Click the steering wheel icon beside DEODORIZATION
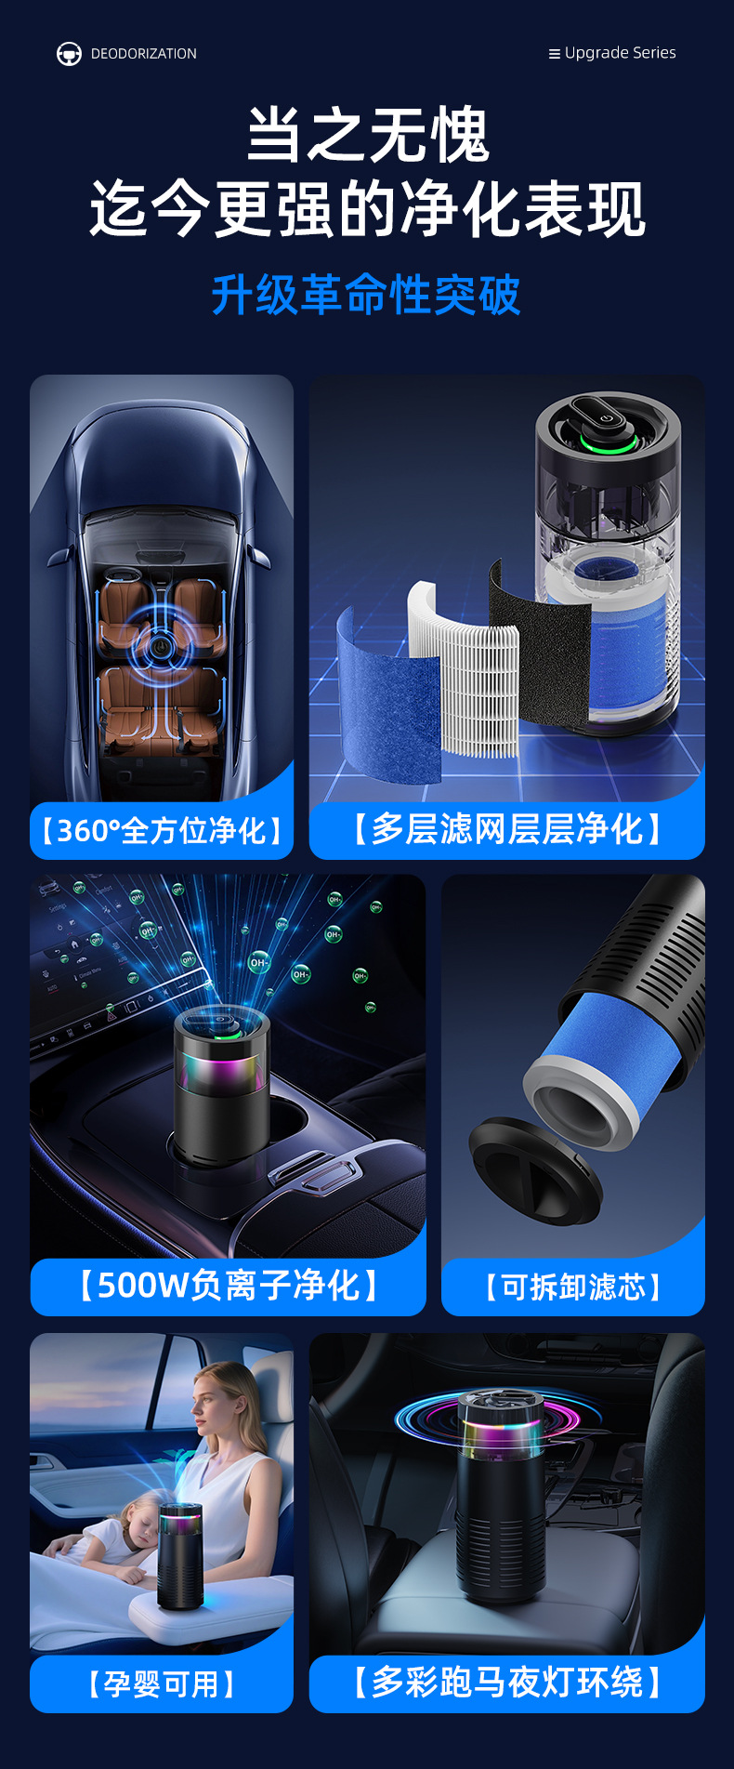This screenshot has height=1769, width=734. point(69,54)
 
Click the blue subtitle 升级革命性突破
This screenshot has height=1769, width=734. point(366,296)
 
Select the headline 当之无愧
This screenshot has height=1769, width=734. point(367,136)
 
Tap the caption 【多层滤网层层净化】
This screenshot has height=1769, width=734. point(507,828)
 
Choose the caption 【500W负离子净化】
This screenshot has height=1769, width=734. point(228,1286)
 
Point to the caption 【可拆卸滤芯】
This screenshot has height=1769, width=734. point(573,1287)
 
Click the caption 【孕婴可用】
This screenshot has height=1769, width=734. point(162,1683)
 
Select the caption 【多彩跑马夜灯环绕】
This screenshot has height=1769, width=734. point(507,1683)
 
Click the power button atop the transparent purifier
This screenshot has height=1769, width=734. point(606,417)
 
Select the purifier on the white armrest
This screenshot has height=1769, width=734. point(179,1556)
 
